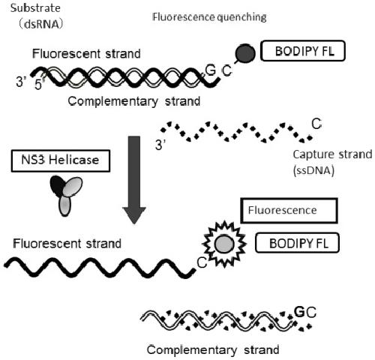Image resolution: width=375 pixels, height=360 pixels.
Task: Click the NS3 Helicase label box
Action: click(x=61, y=160)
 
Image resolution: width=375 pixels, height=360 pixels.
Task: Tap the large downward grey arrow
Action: click(x=134, y=180)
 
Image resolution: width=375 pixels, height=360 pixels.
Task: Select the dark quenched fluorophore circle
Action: click(x=245, y=53)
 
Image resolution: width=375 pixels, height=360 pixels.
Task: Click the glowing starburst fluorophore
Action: click(x=224, y=244)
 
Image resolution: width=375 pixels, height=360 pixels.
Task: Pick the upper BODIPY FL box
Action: click(x=303, y=51)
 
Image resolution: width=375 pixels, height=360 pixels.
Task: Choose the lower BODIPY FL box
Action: click(x=297, y=243)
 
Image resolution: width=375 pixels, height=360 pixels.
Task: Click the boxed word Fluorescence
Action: click(x=289, y=211)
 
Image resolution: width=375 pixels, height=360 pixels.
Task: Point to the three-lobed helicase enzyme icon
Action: click(x=66, y=196)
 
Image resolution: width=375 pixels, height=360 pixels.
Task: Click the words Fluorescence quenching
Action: click(x=209, y=17)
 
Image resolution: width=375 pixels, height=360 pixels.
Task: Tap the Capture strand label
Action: click(x=332, y=154)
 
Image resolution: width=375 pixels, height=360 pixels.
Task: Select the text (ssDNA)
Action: click(x=313, y=170)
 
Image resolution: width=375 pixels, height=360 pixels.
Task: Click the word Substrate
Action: click(x=35, y=8)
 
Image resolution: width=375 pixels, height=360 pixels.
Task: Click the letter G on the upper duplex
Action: click(x=211, y=70)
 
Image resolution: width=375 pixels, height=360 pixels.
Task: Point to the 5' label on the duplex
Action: click(x=39, y=84)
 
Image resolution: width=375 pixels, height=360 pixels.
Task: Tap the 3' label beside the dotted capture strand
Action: click(x=160, y=145)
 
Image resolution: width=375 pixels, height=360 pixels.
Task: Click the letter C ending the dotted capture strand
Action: click(x=316, y=124)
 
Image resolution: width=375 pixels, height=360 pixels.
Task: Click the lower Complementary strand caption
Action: click(x=213, y=349)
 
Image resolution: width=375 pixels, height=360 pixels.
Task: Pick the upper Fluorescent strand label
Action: click(x=86, y=54)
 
